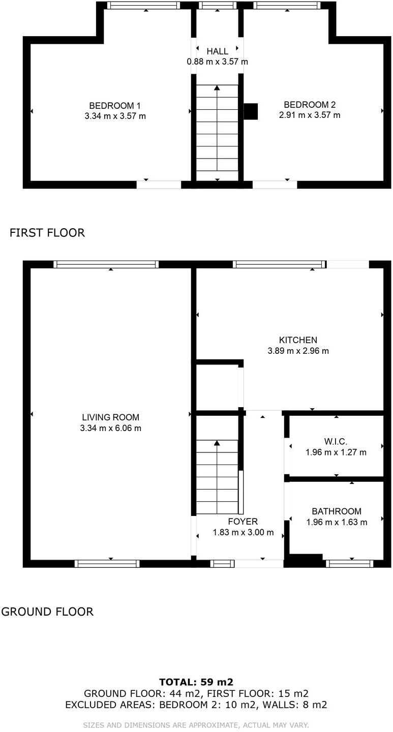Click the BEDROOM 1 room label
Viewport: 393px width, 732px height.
[x=115, y=106]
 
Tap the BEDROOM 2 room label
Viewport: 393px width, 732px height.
[x=310, y=105]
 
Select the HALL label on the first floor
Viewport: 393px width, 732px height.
[x=217, y=51]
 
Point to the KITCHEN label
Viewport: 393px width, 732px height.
[x=298, y=340]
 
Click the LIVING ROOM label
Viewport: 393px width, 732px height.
[x=111, y=417]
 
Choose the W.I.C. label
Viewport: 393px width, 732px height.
[x=336, y=441]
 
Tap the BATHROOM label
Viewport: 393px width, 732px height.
[x=337, y=511]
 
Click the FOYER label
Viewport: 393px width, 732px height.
[x=243, y=522]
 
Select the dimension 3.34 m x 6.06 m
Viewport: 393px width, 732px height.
[x=111, y=429]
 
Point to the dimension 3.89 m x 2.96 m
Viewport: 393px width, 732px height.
[x=298, y=351]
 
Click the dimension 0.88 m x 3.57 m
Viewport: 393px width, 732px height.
[x=217, y=62]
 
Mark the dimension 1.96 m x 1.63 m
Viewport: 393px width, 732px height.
[x=337, y=522]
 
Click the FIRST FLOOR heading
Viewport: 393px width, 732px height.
[x=47, y=233]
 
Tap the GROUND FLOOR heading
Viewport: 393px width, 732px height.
[x=47, y=612]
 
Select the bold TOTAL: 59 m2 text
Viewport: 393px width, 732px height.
[x=196, y=682]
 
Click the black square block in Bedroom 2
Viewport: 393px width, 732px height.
[x=251, y=111]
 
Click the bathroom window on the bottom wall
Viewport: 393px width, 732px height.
[x=349, y=563]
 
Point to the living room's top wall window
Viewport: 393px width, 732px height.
[x=106, y=264]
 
